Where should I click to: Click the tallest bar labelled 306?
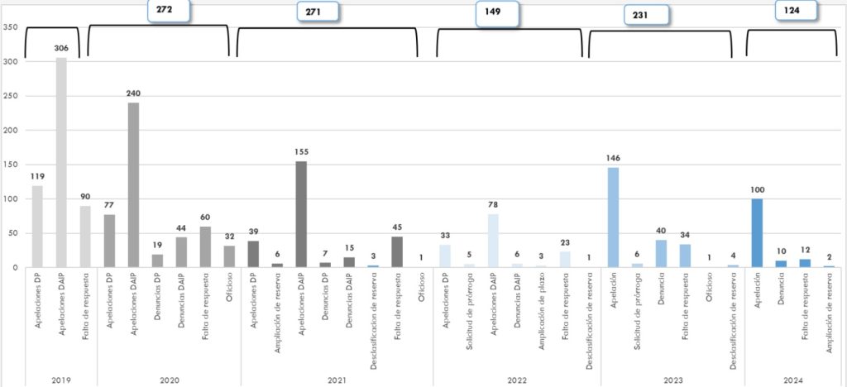(61, 162)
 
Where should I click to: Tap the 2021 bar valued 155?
(301, 213)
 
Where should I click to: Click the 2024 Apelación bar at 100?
(757, 232)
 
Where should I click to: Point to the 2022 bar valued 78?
(493, 240)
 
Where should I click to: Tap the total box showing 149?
(497, 12)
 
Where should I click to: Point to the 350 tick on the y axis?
(11, 27)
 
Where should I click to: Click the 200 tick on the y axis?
(11, 130)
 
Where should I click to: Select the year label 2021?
(337, 380)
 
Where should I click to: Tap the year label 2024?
(793, 380)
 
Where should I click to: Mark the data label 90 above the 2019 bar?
(85, 197)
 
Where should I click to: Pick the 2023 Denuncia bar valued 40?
(661, 253)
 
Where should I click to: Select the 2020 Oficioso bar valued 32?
(229, 256)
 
